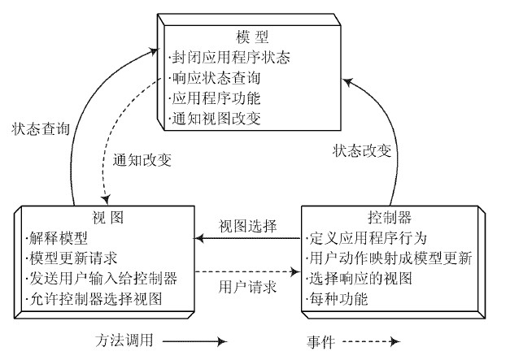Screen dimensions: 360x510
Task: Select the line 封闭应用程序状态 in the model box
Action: [x=230, y=59]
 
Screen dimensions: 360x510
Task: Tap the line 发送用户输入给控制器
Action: [x=100, y=279]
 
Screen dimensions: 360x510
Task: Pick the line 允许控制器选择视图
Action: [x=94, y=298]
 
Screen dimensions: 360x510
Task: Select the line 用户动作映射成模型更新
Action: [x=391, y=259]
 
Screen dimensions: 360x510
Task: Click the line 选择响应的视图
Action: [x=360, y=279]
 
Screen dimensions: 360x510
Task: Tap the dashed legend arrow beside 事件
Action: [x=378, y=342]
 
